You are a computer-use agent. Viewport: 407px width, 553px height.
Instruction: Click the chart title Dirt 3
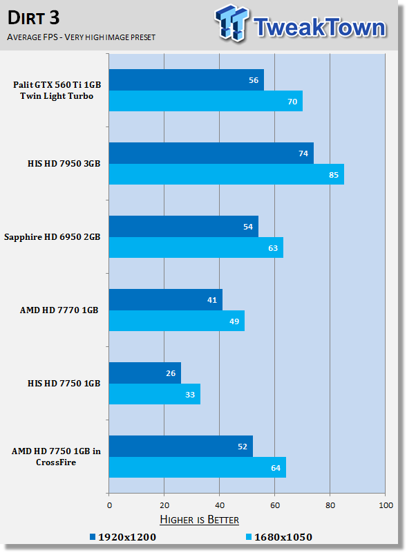pos(33,18)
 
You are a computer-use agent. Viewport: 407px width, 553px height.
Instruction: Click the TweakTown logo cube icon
pos(231,23)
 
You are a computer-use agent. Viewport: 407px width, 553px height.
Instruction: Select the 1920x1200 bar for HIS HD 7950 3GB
pos(211,153)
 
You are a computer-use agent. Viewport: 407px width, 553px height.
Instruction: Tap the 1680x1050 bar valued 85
pos(227,174)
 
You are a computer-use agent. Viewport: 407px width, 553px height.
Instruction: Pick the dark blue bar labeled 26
pos(145,373)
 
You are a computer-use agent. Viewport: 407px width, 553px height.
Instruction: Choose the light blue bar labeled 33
pos(155,394)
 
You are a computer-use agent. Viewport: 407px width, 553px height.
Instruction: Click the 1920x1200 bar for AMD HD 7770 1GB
pos(166,300)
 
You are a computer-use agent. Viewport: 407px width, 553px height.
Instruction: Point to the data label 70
pos(292,102)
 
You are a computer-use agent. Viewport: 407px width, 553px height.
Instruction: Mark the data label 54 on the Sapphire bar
pos(248,227)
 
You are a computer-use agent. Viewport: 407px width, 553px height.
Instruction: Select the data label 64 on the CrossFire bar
pos(276,468)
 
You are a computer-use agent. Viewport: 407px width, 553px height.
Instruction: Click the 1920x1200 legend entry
pos(123,537)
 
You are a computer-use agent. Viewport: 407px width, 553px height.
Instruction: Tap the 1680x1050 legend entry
pos(279,537)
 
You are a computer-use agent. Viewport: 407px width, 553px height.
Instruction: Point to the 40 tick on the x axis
pos(220,505)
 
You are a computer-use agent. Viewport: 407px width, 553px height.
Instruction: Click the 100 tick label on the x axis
pos(386,505)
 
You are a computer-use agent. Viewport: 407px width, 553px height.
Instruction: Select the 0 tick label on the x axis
pos(109,505)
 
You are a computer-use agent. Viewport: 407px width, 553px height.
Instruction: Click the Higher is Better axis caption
pos(199,520)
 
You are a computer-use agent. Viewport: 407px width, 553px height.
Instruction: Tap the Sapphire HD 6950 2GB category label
pos(53,236)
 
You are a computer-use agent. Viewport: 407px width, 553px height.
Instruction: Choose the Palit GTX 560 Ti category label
pos(57,91)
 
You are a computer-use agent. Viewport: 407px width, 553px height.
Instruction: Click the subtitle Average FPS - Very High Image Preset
pos(81,37)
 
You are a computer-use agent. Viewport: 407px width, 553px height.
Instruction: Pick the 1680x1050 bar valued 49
pos(177,321)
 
